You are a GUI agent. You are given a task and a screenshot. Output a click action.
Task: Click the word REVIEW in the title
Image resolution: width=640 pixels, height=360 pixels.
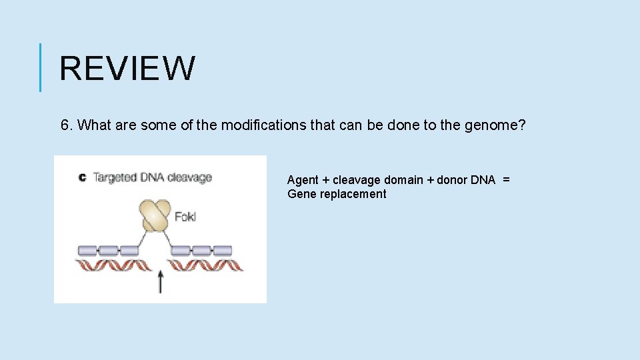pos(127,68)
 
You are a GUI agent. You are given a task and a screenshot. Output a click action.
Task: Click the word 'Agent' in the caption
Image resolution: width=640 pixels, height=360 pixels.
pos(303,180)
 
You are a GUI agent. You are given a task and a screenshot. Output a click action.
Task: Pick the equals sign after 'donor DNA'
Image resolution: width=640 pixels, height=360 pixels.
pos(506,180)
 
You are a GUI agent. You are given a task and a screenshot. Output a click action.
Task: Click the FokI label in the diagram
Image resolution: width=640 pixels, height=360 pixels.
pos(185,217)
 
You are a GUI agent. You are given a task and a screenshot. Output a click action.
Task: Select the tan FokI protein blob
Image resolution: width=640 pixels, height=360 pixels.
pos(155,215)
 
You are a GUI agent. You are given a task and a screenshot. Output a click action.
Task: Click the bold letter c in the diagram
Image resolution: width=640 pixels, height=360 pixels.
pos(82,177)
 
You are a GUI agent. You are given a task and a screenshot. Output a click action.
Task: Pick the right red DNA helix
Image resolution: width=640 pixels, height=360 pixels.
pos(204,266)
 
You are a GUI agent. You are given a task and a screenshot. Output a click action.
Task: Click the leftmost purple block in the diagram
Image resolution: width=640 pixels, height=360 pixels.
pos(88,251)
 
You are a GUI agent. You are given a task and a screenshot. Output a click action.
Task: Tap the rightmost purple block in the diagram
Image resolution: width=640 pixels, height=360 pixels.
pos(222,251)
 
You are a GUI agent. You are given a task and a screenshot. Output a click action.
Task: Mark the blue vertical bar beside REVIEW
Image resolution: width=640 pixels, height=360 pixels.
pos(41,67)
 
